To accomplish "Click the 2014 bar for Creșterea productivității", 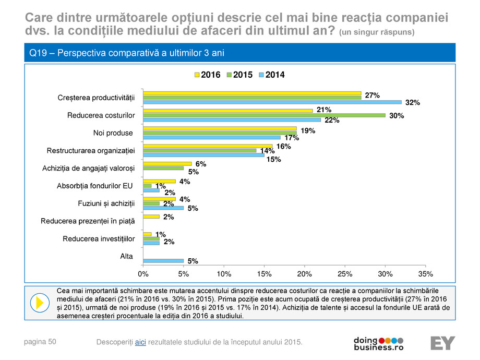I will pyautogui.click(x=271, y=102).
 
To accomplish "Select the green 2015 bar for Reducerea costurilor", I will pyautogui.click(x=263, y=115).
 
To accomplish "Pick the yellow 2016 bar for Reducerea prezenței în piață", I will pyautogui.click(x=151, y=216).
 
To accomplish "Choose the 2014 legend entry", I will pyautogui.click(x=272, y=75).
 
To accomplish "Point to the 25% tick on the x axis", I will pyautogui.click(x=344, y=273).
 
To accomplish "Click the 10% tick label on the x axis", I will pyautogui.click(x=224, y=273).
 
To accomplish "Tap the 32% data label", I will pyautogui.click(x=413, y=103).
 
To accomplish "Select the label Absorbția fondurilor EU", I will pyautogui.click(x=94, y=186).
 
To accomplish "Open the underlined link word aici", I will pyautogui.click(x=140, y=342).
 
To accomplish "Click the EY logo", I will pyautogui.click(x=442, y=343).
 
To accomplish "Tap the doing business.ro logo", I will pyautogui.click(x=379, y=343).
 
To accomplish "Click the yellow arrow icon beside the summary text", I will pyautogui.click(x=38, y=302).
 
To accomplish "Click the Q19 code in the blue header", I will pyautogui.click(x=38, y=53).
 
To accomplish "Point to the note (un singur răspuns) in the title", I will pyautogui.click(x=377, y=32).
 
